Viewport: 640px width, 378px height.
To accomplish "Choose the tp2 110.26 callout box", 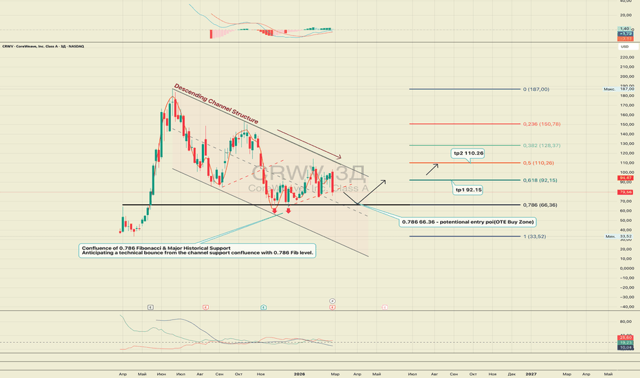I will point(469,153).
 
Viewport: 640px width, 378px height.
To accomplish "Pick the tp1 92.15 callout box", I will point(469,189).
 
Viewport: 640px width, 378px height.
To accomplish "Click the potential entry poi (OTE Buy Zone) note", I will point(468,222).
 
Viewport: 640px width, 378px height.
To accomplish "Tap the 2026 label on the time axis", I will point(299,373).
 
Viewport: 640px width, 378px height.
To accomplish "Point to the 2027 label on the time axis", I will point(531,373).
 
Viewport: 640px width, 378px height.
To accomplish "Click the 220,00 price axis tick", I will point(626,57).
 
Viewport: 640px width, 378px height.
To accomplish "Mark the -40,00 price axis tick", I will point(626,307).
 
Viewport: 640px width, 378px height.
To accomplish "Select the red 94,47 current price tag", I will point(626,177).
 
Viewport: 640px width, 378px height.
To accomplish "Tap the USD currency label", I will point(625,47).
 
